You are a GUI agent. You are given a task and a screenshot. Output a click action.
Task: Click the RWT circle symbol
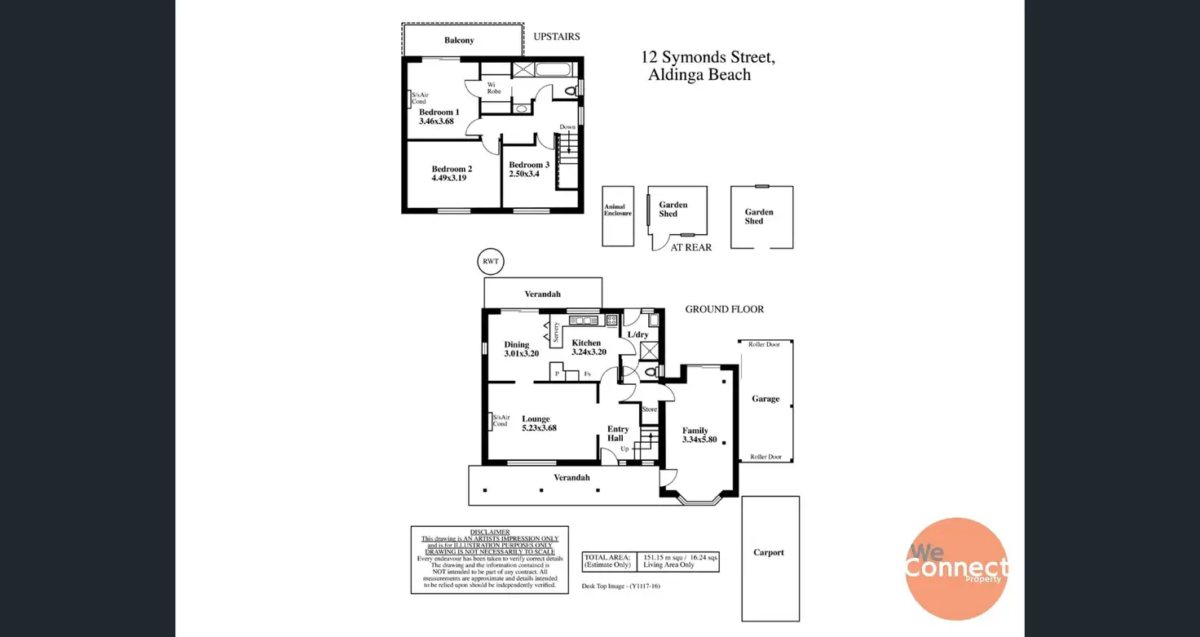490,262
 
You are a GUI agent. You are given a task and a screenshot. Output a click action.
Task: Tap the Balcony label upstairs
459,40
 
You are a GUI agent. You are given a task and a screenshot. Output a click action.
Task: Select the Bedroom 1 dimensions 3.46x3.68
436,122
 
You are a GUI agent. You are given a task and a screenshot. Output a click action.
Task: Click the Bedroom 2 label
452,169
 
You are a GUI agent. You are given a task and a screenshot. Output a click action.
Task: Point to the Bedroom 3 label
529,165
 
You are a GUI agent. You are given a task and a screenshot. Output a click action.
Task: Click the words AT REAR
690,247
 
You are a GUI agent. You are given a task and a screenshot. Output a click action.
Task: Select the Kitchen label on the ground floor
586,343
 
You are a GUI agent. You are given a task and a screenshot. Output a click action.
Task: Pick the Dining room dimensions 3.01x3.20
522,354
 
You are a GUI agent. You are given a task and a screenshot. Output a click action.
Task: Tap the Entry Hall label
617,433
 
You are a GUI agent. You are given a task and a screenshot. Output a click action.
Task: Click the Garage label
765,399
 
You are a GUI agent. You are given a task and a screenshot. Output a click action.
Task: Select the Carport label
769,552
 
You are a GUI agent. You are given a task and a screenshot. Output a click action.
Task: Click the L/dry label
637,334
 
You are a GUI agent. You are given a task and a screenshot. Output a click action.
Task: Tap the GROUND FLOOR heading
724,309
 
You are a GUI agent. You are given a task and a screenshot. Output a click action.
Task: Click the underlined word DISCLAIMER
489,532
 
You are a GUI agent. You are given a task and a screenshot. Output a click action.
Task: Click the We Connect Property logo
956,568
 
